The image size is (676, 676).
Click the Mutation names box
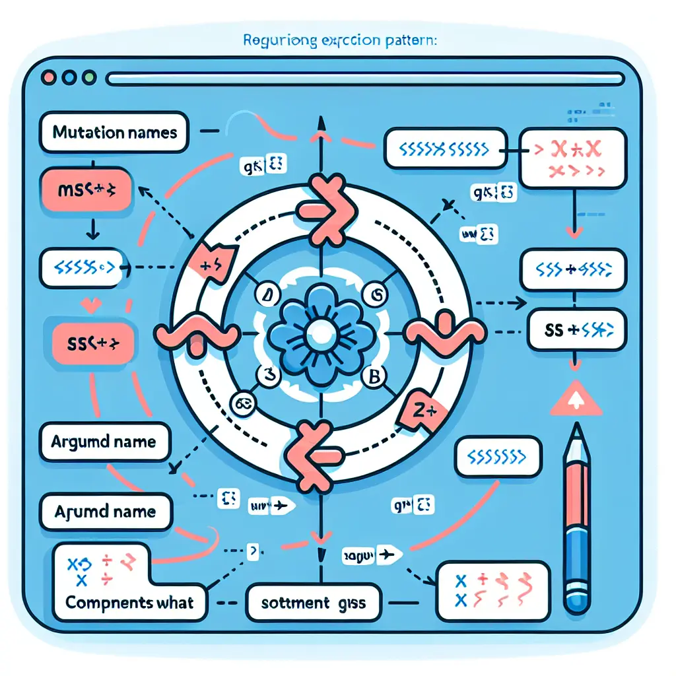[114, 133]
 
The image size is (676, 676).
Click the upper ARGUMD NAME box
[104, 440]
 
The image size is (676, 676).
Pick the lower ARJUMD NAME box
[105, 511]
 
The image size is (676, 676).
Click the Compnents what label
[129, 602]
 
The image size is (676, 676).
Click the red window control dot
[48, 77]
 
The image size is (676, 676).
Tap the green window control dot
[88, 77]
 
